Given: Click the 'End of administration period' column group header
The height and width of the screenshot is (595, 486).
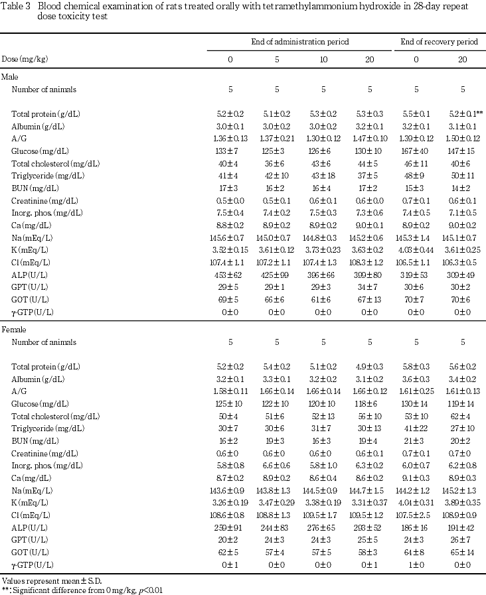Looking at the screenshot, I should [300, 42].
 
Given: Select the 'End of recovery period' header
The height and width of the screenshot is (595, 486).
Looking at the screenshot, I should [440, 42].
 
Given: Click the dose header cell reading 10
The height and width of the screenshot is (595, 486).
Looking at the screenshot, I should [323, 59].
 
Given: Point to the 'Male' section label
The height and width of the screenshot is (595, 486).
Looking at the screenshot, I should [10, 77].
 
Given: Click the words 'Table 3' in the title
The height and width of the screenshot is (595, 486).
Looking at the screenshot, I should [15, 5].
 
